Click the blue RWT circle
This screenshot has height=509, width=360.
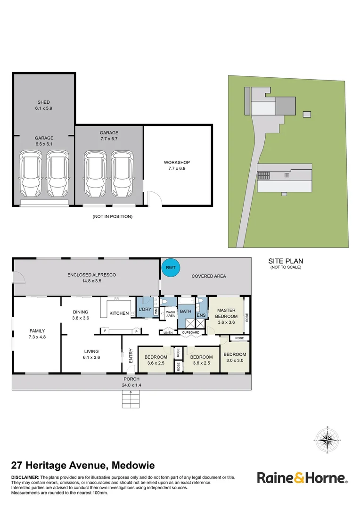point(171,268)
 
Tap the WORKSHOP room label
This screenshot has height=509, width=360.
point(177,163)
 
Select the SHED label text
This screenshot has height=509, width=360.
point(43,102)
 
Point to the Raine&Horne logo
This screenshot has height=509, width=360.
point(302,478)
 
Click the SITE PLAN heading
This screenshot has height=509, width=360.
point(286,261)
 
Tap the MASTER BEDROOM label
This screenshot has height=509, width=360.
point(226,313)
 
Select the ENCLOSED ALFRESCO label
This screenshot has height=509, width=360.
point(91,275)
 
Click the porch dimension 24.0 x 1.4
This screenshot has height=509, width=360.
point(132,385)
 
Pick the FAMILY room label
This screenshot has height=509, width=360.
point(37,331)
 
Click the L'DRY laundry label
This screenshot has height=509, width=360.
point(144,309)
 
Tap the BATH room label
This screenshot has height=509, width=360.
point(185,312)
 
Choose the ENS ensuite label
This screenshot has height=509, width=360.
point(201,315)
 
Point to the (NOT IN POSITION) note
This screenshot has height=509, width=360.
point(112,217)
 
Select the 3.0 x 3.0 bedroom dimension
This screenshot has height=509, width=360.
point(235,361)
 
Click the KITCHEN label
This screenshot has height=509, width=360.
point(119,313)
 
